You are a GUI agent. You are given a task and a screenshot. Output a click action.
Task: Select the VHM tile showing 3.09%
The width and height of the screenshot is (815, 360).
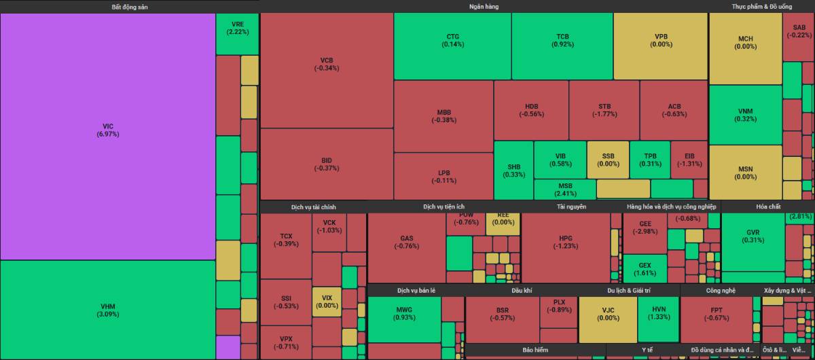click(107, 310)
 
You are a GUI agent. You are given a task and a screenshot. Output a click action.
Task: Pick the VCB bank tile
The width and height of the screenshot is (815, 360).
click(327, 65)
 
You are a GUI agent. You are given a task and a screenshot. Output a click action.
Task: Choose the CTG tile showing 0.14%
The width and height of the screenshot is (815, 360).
click(452, 41)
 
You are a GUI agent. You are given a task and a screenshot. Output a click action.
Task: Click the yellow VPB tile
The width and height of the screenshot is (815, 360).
click(660, 41)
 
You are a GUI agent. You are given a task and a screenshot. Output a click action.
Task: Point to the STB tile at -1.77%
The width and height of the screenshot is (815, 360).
click(604, 110)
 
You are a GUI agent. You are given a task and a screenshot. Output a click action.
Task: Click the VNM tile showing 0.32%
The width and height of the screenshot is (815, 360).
click(745, 115)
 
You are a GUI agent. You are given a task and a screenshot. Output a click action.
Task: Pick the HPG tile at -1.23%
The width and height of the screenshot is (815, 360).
click(565, 242)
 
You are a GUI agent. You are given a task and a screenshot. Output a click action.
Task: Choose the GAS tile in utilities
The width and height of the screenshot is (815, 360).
click(406, 242)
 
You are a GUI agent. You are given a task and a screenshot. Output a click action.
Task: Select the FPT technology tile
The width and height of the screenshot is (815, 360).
click(716, 319)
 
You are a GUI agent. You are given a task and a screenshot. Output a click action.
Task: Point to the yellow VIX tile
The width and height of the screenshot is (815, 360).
click(327, 302)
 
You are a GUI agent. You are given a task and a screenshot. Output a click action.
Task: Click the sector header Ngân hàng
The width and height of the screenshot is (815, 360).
click(484, 6)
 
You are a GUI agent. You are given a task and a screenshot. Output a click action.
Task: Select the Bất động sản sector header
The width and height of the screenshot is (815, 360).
click(129, 6)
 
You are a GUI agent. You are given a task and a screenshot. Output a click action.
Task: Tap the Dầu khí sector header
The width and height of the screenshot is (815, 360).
click(522, 291)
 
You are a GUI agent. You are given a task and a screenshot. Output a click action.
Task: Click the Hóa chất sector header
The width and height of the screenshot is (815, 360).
click(767, 206)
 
